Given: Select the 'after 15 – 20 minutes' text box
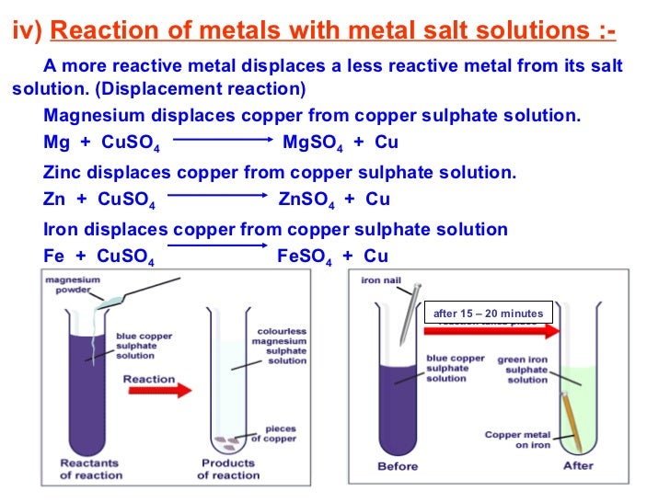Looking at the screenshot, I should point(488,313).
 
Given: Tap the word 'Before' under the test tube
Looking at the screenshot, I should point(398,466).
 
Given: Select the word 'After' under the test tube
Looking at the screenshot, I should point(578,466).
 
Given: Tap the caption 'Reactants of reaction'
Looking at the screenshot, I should point(89,469).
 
